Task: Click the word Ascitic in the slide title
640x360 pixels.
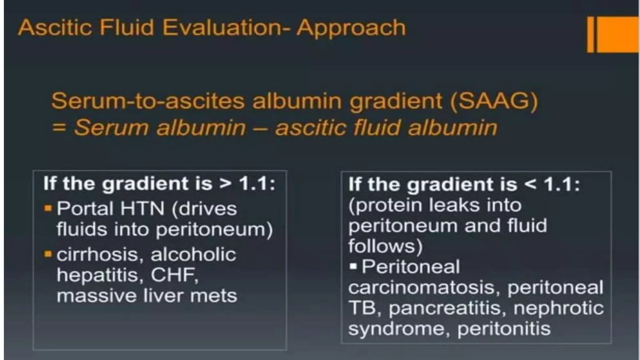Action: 55,27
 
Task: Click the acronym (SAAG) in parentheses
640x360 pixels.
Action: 494,101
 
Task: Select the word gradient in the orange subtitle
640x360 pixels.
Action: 396,101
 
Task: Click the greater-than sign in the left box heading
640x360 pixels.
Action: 225,183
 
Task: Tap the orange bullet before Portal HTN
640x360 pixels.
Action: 48,208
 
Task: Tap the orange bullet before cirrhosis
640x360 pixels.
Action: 48,254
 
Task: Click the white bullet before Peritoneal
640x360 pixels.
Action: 353,267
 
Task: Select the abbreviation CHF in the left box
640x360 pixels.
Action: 174,275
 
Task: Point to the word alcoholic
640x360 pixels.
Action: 193,254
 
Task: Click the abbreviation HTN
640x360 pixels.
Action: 142,208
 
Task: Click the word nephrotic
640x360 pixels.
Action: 558,308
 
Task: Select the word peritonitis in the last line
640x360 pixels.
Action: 504,329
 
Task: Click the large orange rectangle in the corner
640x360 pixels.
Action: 617,34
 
